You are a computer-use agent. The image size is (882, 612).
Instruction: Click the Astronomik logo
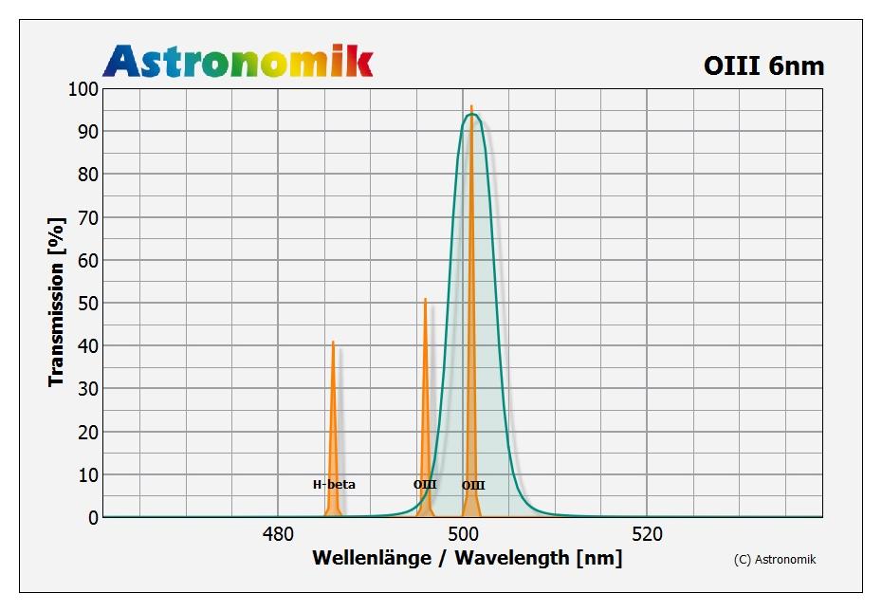pos(238,61)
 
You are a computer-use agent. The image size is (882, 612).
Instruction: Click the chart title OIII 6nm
pos(763,65)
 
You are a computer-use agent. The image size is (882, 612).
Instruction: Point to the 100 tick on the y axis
pos(83,89)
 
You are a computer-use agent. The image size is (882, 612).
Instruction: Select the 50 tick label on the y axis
pos(87,304)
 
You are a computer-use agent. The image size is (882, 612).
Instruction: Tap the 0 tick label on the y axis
pos(93,518)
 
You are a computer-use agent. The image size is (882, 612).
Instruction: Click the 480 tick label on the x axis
pos(278,534)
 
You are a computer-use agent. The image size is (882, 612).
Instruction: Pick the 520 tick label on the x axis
pos(647,534)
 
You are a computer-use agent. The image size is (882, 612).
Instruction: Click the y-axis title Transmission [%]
pos(57,302)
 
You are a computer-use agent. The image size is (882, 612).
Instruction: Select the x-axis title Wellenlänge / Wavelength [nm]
pos(467,558)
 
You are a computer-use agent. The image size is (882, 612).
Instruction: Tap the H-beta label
pos(334,485)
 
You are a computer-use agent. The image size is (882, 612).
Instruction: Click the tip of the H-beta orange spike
pos(333,342)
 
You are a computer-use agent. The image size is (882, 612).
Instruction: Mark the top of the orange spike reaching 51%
pos(425,299)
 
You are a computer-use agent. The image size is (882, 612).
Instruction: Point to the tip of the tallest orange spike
pos(471,106)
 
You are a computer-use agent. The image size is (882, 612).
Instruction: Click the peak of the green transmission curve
pos(471,114)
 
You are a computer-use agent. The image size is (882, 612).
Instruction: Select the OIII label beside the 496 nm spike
pos(425,485)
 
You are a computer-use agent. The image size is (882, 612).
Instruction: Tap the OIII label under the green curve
pos(473,486)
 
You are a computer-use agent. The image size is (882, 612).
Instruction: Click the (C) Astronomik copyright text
pos(775,560)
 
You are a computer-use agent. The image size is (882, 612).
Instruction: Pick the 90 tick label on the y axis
pos(87,132)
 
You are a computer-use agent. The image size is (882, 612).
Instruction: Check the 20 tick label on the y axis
pos(87,433)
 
